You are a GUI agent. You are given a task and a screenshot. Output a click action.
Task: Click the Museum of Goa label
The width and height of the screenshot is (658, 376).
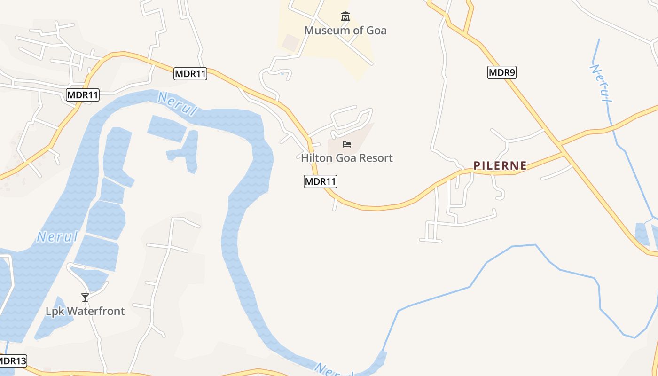tap(345, 31)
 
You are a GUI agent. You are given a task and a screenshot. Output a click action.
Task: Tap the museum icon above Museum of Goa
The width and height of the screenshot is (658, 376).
tap(345, 17)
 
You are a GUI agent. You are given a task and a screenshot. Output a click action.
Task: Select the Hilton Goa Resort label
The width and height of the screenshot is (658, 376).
tap(347, 158)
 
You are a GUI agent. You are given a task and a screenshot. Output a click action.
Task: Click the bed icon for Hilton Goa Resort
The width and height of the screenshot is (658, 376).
tap(347, 144)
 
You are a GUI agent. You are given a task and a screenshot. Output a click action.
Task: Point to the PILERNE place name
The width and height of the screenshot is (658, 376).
tap(500, 165)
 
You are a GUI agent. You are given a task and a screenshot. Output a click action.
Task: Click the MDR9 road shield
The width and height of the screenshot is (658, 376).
tap(502, 72)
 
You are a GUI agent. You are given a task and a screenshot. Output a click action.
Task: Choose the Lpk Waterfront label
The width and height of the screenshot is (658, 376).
tap(85, 311)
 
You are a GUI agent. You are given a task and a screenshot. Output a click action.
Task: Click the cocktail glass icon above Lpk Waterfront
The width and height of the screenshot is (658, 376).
tap(85, 297)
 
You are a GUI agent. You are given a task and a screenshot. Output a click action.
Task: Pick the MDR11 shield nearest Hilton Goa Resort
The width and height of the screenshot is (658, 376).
tap(321, 181)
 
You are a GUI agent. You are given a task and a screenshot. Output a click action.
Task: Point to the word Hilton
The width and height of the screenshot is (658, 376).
tap(316, 158)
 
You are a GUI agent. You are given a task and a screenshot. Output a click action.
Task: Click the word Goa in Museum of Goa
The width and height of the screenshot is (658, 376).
tap(376, 31)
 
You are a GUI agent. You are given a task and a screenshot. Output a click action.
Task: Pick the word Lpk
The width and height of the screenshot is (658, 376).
tap(54, 311)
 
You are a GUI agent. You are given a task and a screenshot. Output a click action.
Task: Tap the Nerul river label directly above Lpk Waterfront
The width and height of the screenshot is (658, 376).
tap(57, 236)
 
